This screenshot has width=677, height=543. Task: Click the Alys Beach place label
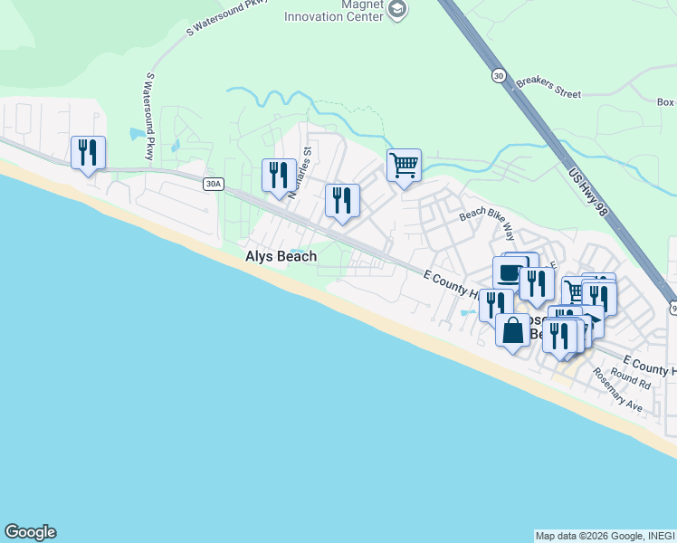(281, 256)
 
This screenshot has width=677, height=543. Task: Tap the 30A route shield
(213, 184)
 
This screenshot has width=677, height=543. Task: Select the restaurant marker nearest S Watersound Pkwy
(88, 152)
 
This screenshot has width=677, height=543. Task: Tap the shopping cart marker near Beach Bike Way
(404, 166)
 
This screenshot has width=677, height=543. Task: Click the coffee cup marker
(511, 271)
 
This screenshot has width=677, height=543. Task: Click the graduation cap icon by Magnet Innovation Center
(396, 9)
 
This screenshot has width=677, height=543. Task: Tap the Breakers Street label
(548, 87)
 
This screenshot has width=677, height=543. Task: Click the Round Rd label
(631, 377)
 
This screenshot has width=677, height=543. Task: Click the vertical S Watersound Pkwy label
(147, 119)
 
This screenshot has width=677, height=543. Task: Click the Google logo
(30, 532)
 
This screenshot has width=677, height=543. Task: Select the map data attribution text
(605, 536)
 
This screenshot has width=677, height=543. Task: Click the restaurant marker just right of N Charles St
(342, 201)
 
